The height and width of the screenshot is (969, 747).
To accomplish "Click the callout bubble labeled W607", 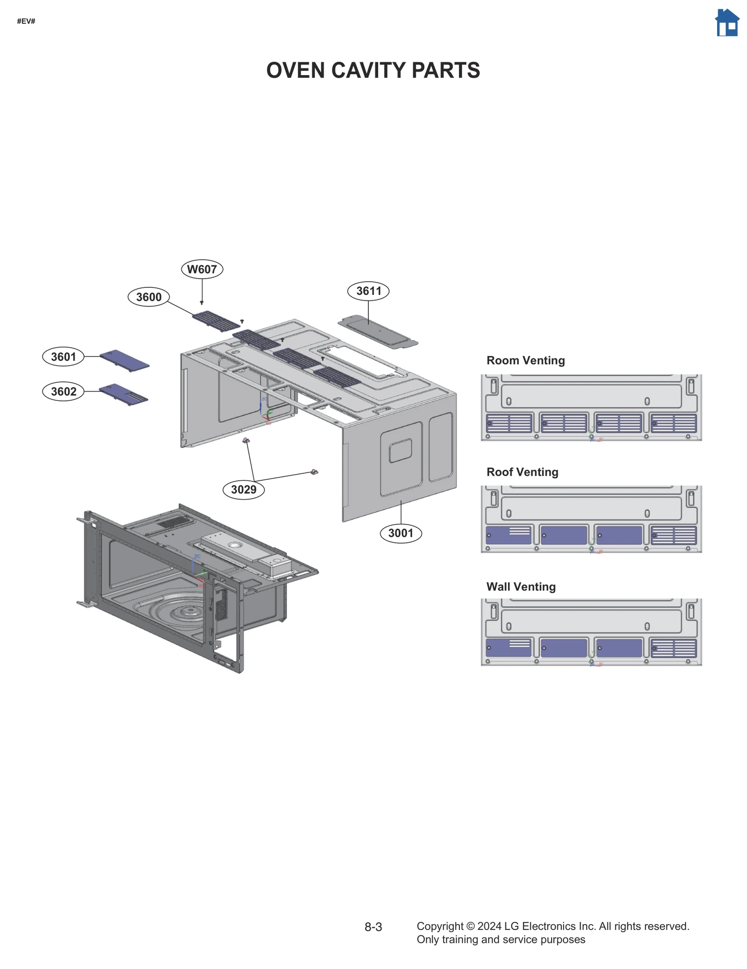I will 202,269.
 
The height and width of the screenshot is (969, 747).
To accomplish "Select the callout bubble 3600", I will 148,297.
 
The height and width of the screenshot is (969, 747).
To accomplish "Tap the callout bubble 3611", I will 368,291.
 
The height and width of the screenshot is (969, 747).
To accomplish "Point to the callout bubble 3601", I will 63,356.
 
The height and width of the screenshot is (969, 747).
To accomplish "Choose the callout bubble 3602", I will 63,391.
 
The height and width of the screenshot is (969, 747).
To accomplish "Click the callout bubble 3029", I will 244,489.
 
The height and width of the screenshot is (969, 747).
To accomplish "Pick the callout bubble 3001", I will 401,533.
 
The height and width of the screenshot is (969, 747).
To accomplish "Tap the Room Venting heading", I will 525,360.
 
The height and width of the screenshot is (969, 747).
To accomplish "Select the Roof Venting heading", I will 522,472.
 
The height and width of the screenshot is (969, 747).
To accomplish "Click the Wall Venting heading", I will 521,586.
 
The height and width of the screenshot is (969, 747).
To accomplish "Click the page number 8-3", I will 373,927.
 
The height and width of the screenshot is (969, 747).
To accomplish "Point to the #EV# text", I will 26,21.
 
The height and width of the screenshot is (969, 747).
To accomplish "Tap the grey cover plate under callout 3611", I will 377,331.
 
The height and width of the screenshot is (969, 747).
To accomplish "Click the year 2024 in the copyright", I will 489,926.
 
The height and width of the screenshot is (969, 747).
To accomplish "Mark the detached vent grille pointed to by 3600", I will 216,321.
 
